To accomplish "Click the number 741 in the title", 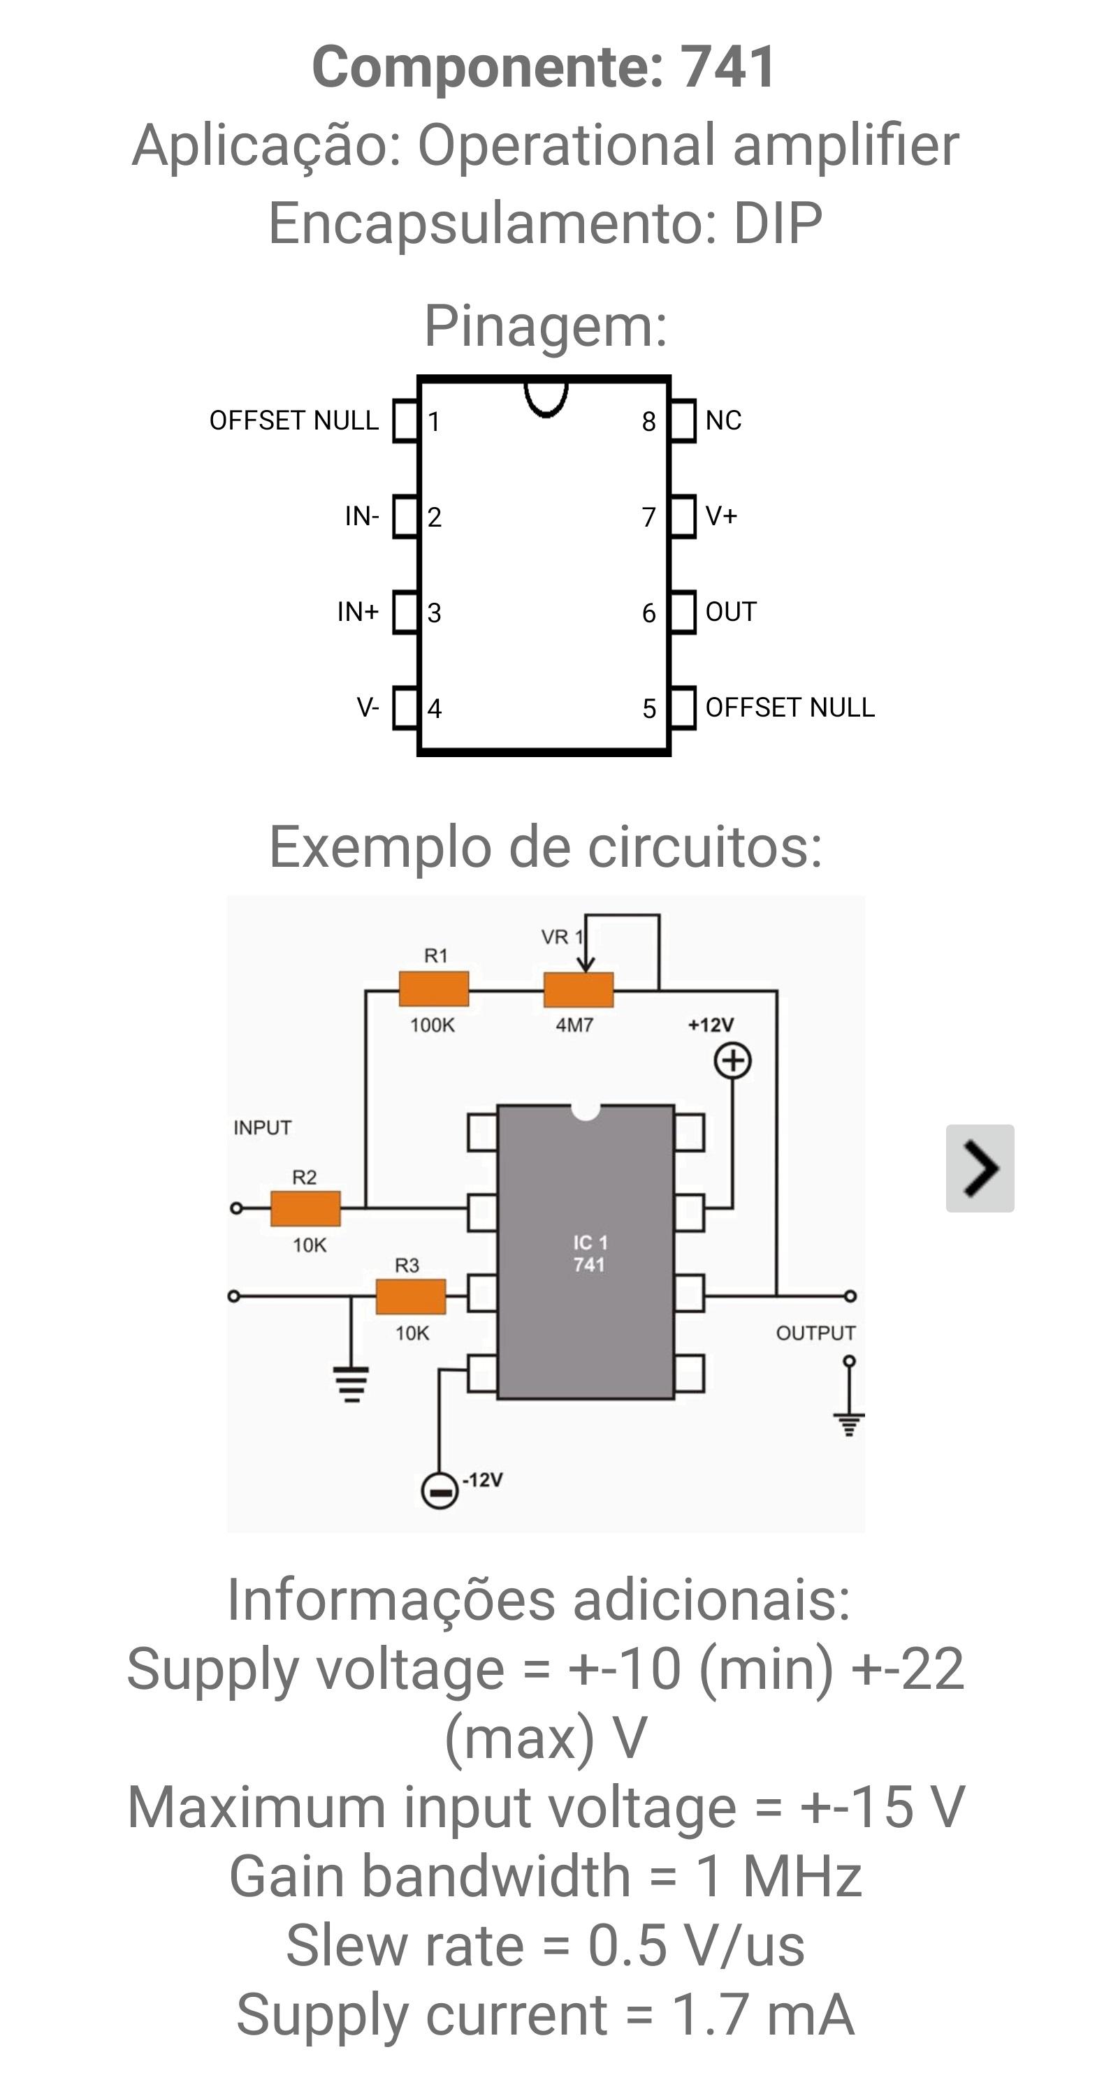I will (728, 67).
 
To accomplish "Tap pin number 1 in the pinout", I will (434, 422).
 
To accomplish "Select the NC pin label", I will (723, 420).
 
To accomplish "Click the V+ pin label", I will (721, 516).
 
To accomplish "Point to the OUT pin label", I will (731, 612).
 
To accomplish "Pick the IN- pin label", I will (361, 516).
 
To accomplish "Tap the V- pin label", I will (368, 708).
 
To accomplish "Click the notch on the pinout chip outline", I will (546, 397).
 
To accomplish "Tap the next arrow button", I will (980, 1168).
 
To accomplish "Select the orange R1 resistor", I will (434, 989).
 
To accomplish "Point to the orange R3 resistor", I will (410, 1296).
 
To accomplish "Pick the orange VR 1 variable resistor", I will (578, 990).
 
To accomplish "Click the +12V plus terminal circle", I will (732, 1061).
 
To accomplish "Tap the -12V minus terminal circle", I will (440, 1490).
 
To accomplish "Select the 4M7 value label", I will (574, 1025).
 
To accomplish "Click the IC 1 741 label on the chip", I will (590, 1254).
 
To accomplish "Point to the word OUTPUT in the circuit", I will (815, 1333).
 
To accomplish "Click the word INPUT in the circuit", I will (263, 1127).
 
